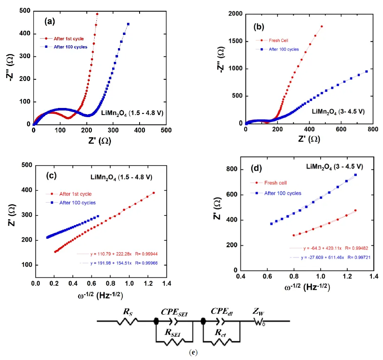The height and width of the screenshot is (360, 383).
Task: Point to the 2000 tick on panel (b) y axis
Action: pyautogui.click(x=235, y=14)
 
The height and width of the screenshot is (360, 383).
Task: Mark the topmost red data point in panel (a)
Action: pyautogui.click(x=97, y=14)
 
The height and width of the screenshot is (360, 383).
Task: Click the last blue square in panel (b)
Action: pyautogui.click(x=366, y=71)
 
